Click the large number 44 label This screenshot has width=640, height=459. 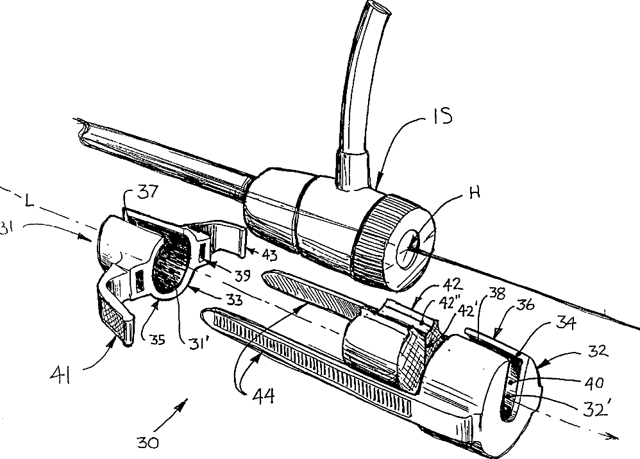point(263,394)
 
